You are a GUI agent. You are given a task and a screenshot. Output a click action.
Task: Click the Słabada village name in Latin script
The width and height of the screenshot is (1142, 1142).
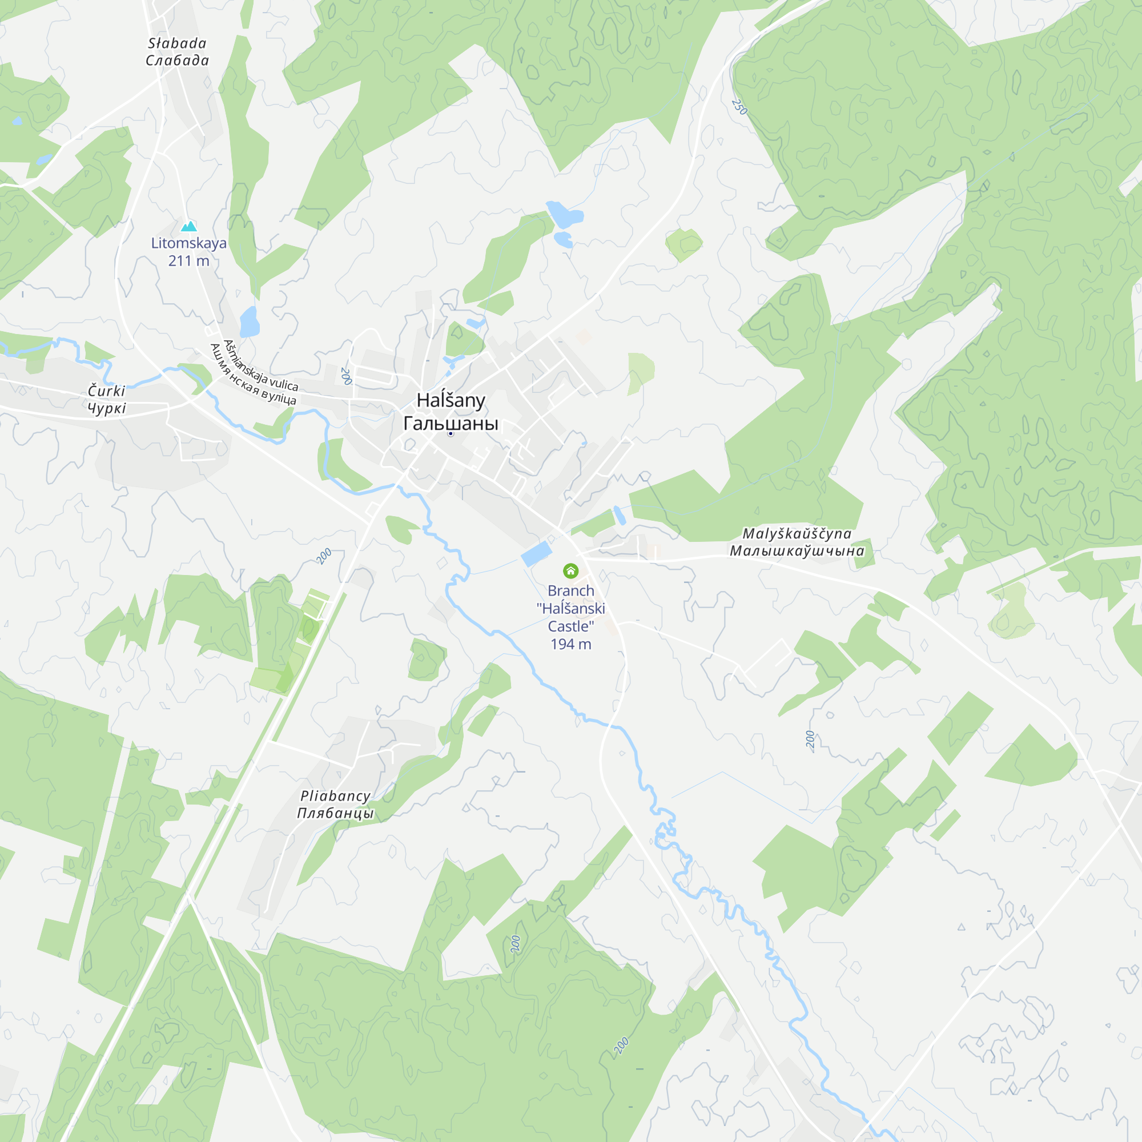[x=177, y=43]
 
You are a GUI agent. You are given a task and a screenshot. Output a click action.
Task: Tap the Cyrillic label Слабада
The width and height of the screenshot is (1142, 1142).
[x=177, y=61]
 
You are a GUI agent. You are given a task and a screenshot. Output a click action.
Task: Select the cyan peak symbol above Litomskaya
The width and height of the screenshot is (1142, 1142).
[x=188, y=226]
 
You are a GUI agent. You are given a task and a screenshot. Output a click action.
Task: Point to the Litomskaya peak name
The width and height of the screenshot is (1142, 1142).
[x=188, y=243]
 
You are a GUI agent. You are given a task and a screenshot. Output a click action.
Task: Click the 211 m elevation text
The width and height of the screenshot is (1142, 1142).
[x=188, y=261]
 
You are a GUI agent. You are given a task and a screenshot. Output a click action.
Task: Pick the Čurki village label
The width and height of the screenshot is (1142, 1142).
[x=106, y=391]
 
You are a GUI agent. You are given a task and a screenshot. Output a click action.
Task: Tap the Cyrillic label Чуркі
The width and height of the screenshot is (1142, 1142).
[x=106, y=408]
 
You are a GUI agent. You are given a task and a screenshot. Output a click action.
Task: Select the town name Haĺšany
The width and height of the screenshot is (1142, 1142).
[x=451, y=400]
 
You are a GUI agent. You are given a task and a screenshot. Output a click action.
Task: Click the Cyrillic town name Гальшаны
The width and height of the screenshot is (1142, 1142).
[x=451, y=423]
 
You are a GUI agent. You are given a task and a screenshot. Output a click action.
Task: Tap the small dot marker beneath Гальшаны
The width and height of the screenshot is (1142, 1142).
[x=451, y=434]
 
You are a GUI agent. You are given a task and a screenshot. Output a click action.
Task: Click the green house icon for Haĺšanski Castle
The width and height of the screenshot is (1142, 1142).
[x=570, y=570]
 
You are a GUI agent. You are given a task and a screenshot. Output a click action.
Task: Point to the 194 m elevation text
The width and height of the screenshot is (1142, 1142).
[x=570, y=644]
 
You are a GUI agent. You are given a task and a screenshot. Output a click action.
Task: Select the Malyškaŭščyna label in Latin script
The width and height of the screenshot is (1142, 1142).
[x=796, y=534]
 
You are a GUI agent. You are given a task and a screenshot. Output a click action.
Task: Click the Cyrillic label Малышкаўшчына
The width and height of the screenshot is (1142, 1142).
[x=796, y=551]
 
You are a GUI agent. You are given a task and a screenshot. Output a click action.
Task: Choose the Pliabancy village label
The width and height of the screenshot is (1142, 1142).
[x=335, y=796]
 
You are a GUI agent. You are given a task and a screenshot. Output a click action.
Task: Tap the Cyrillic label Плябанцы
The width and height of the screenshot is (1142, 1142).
[x=335, y=813]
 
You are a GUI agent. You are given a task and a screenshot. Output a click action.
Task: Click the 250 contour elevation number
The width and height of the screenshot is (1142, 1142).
[x=739, y=107]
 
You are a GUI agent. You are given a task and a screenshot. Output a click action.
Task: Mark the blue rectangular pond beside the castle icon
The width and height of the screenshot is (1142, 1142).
[x=536, y=554]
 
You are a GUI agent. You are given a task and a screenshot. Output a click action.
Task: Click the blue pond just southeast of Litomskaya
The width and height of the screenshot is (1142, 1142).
[x=250, y=321]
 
